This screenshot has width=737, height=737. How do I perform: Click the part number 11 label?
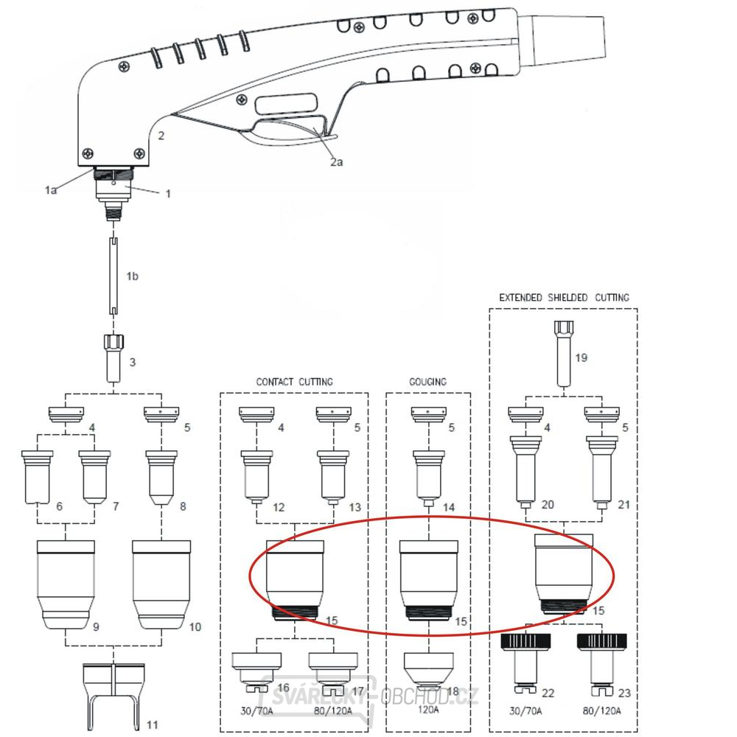(x=152, y=724)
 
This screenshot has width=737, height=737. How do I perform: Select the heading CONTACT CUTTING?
(x=294, y=382)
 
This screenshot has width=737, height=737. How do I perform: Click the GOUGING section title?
(x=427, y=382)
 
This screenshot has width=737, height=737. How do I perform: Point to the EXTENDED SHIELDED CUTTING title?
(x=564, y=298)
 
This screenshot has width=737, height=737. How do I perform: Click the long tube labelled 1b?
(x=113, y=276)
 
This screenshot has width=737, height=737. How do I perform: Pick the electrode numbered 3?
(x=113, y=358)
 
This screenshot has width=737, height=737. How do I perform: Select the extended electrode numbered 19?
(x=564, y=354)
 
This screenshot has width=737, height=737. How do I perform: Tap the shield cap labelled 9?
(x=66, y=584)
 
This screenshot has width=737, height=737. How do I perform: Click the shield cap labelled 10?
(x=161, y=584)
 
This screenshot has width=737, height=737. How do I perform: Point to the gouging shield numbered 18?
(x=429, y=669)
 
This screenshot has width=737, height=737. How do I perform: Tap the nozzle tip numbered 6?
(x=37, y=477)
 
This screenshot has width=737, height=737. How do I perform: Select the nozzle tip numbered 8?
(x=161, y=478)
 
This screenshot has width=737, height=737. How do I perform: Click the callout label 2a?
(x=337, y=162)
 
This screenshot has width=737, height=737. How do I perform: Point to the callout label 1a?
(x=51, y=190)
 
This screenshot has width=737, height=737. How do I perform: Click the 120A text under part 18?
(x=428, y=709)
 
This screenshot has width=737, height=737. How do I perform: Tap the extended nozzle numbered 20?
(x=525, y=472)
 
